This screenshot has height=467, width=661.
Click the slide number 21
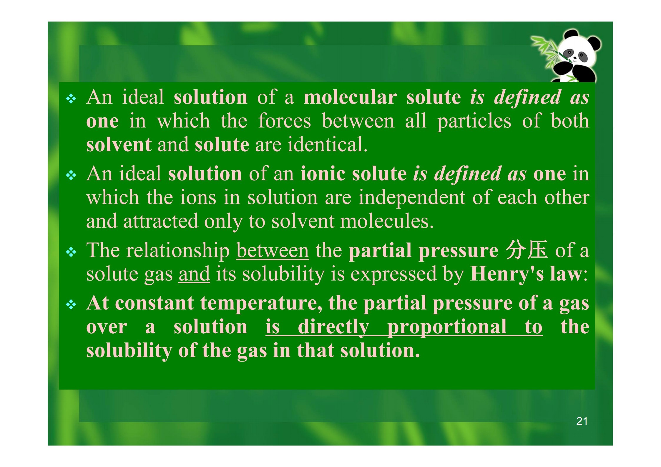tap(582, 421)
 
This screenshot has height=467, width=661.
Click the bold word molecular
tap(350, 97)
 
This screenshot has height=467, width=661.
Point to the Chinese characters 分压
tap(527, 250)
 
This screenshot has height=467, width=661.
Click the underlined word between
tap(273, 251)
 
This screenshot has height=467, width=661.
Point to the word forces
tap(285, 121)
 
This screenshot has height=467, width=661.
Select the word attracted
tap(161, 221)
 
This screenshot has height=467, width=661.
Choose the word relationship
tap(178, 251)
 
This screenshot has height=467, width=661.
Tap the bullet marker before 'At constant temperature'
tap(71, 305)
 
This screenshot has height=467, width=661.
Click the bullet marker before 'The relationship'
tap(71, 252)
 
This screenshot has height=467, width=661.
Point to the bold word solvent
tap(119, 145)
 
